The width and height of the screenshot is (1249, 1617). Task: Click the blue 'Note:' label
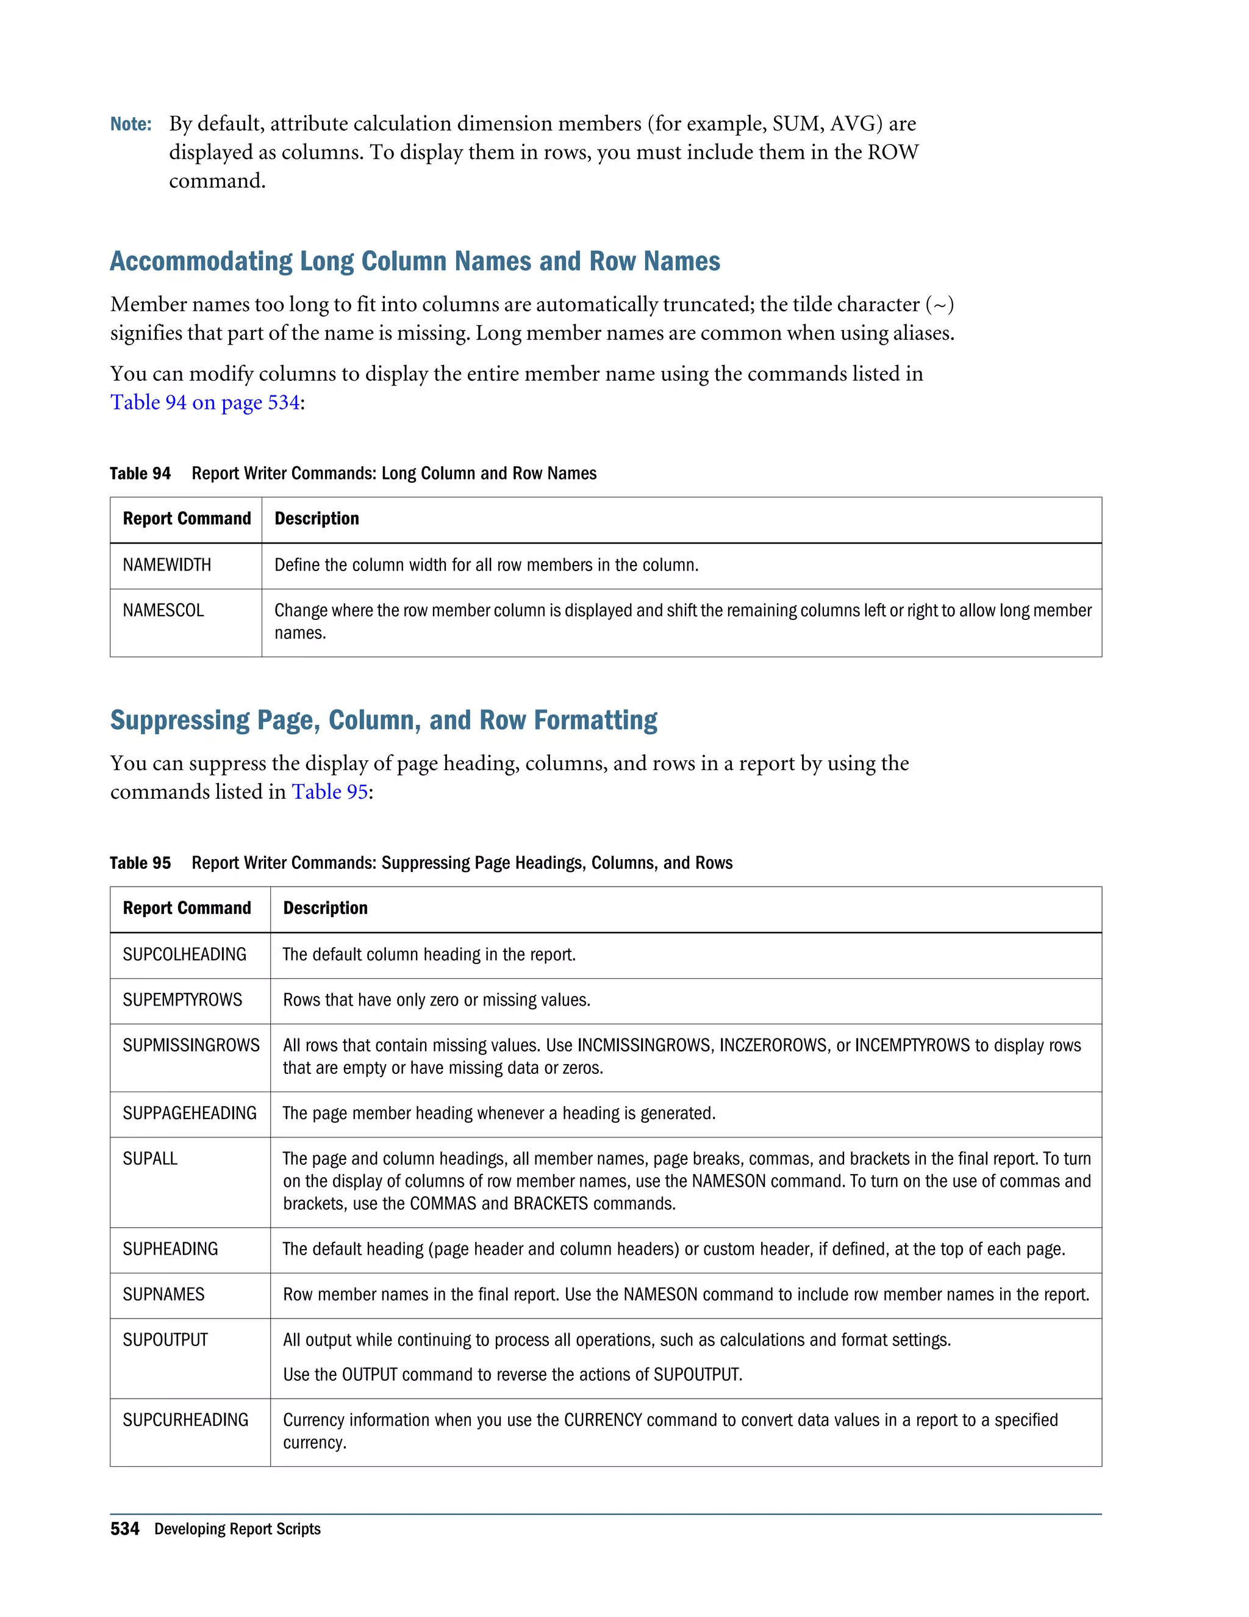131,124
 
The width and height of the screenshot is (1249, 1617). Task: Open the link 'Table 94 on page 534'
205,402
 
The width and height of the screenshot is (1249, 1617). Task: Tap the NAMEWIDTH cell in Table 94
166,565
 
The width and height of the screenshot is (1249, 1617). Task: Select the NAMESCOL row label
163,610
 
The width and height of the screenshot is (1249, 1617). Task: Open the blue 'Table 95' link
329,791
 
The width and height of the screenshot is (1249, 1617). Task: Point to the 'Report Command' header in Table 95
187,909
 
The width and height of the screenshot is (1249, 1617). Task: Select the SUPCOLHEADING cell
184,954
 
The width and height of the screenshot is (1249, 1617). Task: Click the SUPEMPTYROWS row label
182,999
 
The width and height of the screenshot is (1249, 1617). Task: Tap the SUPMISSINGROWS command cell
191,1045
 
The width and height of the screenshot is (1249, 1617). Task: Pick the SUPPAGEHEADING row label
190,1113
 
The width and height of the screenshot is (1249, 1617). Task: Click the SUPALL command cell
150,1159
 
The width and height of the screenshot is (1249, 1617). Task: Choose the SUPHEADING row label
170,1249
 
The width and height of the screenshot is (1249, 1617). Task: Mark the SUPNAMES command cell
163,1294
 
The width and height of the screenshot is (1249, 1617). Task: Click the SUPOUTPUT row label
165,1339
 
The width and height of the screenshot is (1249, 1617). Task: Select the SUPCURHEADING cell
185,1419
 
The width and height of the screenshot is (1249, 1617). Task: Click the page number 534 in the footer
124,1529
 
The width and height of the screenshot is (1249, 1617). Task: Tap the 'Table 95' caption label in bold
140,863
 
